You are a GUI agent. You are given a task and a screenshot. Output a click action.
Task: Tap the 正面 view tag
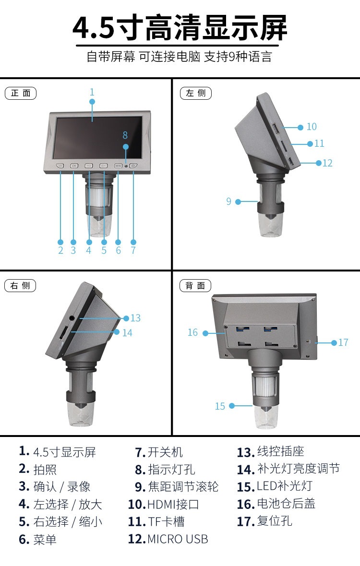20,93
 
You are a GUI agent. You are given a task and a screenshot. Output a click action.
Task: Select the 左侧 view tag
195,93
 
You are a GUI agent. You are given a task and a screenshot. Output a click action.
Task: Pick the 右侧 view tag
20,286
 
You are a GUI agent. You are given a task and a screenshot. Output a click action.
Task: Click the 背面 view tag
195,286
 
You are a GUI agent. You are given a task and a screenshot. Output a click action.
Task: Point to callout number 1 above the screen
92,92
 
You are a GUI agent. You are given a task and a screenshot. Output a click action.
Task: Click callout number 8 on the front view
125,135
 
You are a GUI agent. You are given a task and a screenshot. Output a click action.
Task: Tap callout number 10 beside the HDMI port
312,127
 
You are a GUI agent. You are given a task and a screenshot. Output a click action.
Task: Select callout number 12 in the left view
327,163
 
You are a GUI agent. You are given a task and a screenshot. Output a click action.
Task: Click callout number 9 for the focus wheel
229,201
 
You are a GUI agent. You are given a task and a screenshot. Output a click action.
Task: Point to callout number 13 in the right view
135,318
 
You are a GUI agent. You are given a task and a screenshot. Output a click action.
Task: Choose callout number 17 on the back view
343,342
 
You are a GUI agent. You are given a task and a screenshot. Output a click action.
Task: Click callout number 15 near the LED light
220,406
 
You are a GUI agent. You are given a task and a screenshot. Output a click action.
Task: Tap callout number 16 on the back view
192,332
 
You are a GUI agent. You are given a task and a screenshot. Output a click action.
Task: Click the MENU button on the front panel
118,166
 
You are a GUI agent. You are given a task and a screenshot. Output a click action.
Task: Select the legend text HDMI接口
173,504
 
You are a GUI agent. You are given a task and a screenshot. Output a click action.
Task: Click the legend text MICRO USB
178,539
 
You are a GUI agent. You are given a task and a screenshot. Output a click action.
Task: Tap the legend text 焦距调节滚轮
183,487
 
